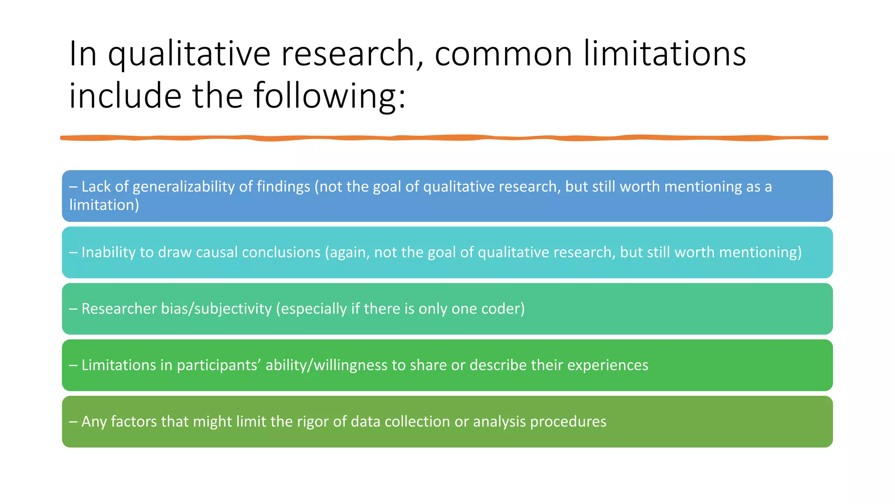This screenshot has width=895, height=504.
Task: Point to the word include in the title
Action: click(125, 96)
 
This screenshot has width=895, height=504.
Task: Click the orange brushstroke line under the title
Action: click(444, 138)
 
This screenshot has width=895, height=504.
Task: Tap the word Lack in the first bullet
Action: click(96, 187)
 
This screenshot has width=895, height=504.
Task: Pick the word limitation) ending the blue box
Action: click(104, 205)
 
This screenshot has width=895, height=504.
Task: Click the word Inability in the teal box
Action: click(108, 252)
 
